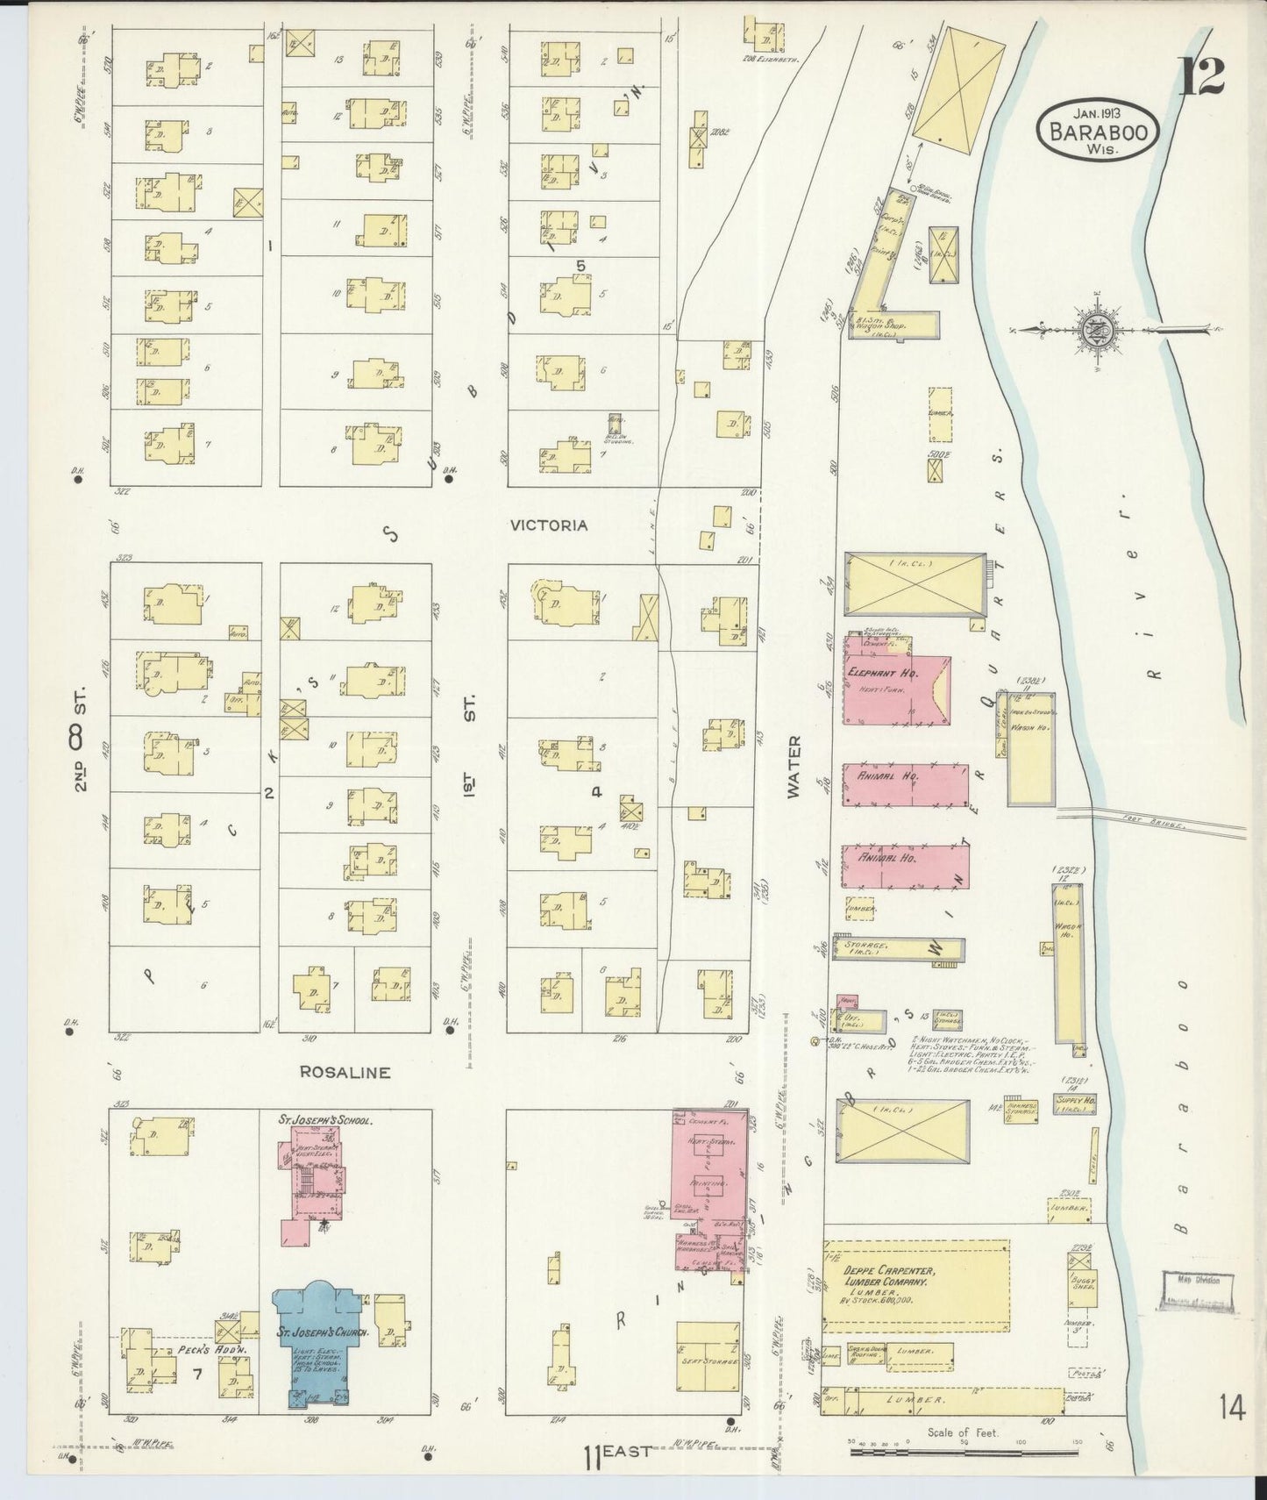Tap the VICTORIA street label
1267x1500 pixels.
pos(549,525)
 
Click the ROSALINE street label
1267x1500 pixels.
pos(345,1072)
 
